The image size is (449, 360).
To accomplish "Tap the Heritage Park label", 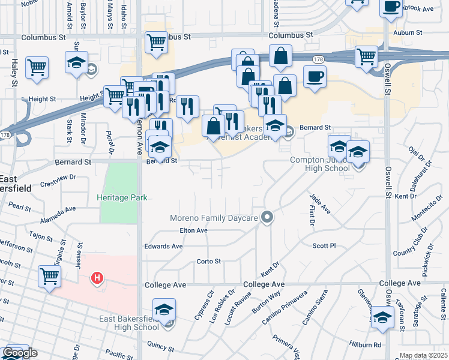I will (x=122, y=197).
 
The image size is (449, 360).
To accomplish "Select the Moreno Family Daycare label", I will (x=213, y=218).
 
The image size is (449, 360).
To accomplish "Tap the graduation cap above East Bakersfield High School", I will (x=164, y=310).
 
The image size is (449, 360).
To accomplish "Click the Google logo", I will (x=19, y=353).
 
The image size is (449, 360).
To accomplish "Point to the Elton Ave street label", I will (x=193, y=230).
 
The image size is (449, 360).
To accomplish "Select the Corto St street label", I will (x=209, y=262).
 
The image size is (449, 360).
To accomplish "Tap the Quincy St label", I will (x=159, y=347).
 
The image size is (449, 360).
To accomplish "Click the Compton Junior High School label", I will (x=320, y=164).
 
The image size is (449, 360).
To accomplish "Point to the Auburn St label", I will (x=405, y=33).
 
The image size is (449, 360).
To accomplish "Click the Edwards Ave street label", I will (x=163, y=246).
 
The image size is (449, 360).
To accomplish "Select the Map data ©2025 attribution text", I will (x=423, y=355).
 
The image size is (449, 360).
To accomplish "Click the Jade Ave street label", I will (x=320, y=203).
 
